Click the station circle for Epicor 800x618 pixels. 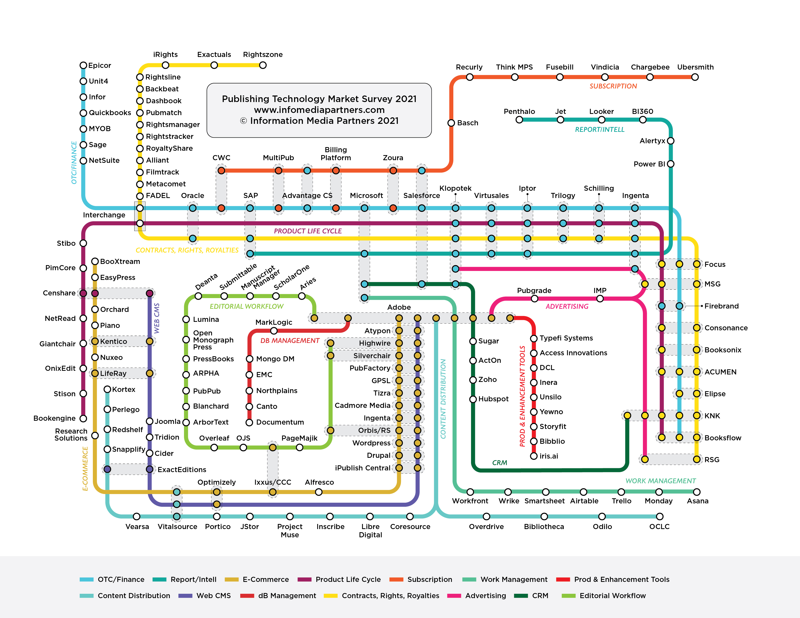coord(84,65)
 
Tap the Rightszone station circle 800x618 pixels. coord(263,65)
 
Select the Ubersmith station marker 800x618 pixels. coord(695,77)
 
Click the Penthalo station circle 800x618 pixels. coord(519,120)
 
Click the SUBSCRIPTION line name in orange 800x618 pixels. coord(613,86)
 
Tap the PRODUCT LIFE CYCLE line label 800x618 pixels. coord(308,231)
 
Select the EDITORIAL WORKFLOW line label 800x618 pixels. coord(247,306)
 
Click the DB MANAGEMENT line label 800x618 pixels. coord(290,341)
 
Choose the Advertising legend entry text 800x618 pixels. coord(485,596)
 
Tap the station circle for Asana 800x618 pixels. coord(697,492)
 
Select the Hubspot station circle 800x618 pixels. coord(473,399)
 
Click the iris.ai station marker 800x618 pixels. coord(534,456)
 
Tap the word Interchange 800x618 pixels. coord(104,215)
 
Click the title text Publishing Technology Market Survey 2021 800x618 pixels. coord(319,99)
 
